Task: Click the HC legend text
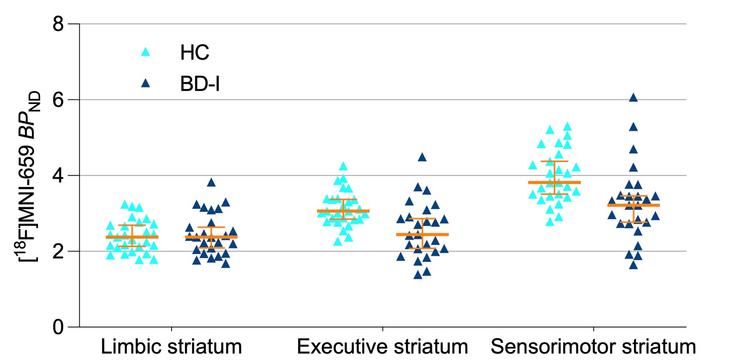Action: tap(194, 53)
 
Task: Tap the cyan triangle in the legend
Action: tap(145, 52)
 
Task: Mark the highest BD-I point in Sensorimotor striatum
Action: tap(633, 98)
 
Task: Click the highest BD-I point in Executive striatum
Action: tap(422, 157)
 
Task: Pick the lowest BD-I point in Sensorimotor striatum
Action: tap(633, 265)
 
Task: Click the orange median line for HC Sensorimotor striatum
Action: tap(554, 182)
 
